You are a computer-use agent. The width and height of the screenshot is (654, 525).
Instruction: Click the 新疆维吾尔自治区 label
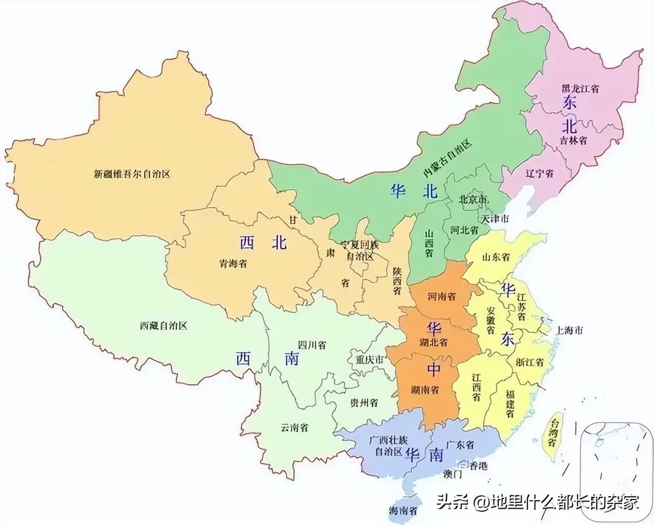[x=132, y=174]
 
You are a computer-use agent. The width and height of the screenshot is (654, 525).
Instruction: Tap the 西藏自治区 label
[x=163, y=325]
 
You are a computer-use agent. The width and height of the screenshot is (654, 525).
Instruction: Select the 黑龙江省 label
[x=580, y=88]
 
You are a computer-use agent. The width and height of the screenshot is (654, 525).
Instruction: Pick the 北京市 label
[x=473, y=199]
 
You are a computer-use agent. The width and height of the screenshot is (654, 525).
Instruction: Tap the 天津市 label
[x=494, y=219]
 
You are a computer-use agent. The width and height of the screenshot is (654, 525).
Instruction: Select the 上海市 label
[x=569, y=330]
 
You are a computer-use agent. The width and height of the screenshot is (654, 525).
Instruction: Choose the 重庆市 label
[x=369, y=360]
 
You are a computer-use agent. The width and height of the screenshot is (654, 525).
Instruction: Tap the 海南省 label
[x=403, y=509]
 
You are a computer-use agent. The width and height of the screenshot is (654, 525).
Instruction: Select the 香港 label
[x=478, y=465]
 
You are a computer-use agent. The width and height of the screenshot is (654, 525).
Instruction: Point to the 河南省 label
[x=441, y=296]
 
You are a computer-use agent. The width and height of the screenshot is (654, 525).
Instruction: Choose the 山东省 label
[x=496, y=257]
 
